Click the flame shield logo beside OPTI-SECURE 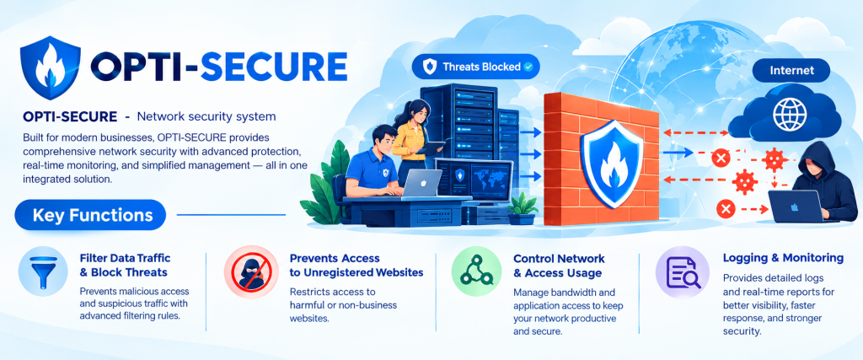tap(50, 67)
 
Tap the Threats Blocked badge tap(476, 67)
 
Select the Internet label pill tap(791, 71)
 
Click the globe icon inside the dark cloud tap(789, 115)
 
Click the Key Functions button tap(90, 215)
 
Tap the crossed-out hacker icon tap(249, 271)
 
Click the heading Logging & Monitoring tap(783, 258)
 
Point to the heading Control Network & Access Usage tap(559, 266)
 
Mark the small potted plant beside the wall tap(522, 208)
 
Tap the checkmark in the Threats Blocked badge tap(528, 67)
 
